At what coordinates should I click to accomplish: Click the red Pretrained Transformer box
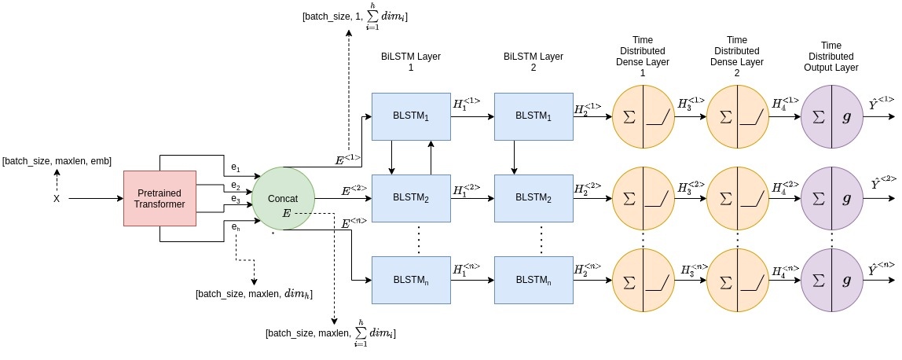(160, 198)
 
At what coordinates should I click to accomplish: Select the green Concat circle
(283, 198)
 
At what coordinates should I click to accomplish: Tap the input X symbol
(57, 199)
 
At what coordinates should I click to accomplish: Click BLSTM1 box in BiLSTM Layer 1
(411, 116)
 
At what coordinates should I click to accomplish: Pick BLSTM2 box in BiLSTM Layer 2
(533, 198)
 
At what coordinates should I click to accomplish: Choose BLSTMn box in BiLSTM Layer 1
(411, 280)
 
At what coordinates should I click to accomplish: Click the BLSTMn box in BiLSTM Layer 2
(533, 280)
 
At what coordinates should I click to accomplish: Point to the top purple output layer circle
(832, 117)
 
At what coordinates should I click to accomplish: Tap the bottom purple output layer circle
(832, 281)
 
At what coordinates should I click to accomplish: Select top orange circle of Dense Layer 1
(643, 117)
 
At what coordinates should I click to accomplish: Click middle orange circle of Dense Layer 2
(738, 198)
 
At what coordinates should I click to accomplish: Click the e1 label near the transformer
(235, 167)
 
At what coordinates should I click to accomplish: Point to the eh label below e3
(235, 228)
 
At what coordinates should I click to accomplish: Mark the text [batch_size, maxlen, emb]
(57, 161)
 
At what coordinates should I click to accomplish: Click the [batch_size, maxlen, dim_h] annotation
(255, 294)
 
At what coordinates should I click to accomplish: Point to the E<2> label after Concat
(354, 189)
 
